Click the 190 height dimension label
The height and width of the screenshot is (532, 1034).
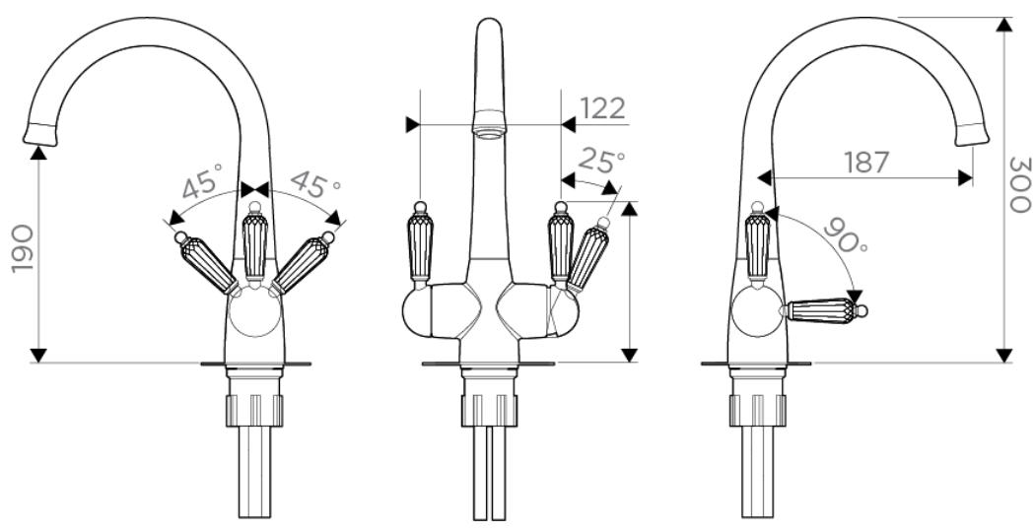pos(23,248)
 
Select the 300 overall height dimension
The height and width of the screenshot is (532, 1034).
pos(1019,184)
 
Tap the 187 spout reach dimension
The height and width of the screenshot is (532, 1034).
pos(866,163)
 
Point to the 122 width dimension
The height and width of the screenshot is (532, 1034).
pos(601,108)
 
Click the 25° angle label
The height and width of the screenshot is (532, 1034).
pos(601,161)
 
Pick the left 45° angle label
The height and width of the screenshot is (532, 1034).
pos(202,182)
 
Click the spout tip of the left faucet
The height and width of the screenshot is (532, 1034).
pos(39,134)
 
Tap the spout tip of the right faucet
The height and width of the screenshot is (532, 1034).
pos(972,134)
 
